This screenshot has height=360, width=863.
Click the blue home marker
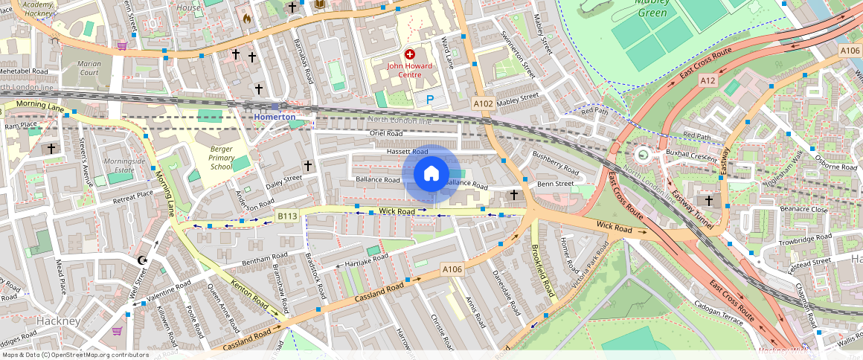click(431, 174)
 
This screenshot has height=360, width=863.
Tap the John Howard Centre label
click(409, 70)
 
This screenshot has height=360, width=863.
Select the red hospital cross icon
click(409, 54)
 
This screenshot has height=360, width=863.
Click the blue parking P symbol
click(429, 99)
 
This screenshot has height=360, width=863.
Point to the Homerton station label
click(275, 117)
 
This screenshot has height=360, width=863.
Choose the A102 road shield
click(484, 104)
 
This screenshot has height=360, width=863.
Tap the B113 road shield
click(287, 216)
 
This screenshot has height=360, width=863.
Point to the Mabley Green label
click(652, 7)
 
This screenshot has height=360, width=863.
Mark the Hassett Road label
click(407, 152)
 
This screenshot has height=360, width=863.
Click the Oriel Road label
click(385, 134)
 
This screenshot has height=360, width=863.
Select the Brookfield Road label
click(543, 272)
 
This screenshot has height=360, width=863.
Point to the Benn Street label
click(556, 184)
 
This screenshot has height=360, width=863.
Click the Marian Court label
click(89, 68)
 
